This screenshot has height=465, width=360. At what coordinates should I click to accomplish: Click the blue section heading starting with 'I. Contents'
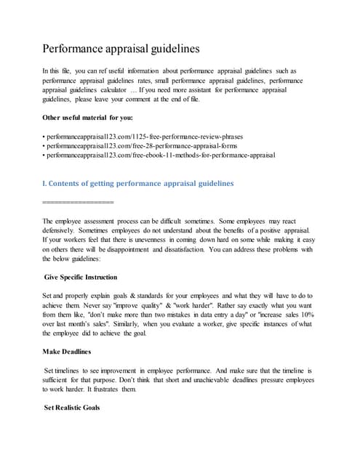tap(138, 183)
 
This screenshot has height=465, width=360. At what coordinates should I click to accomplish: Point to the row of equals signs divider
tap(78, 201)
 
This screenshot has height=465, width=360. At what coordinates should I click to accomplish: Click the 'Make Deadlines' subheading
tap(67, 351)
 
